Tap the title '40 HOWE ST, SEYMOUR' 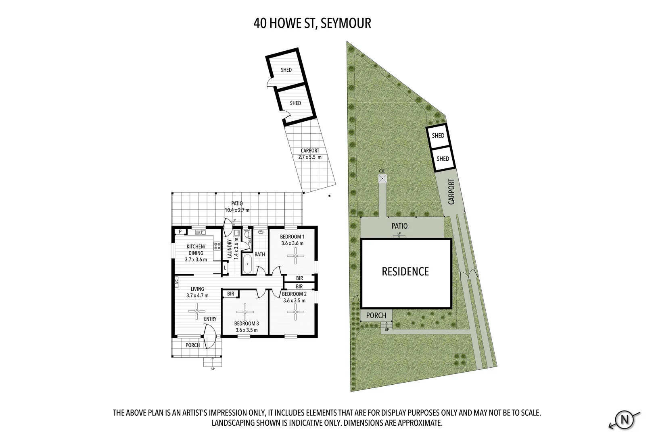point(312,23)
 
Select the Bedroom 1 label point(292,237)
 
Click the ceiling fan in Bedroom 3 point(244,312)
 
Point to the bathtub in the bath point(247,264)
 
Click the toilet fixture point(247,234)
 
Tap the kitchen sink point(201,232)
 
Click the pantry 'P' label point(180,232)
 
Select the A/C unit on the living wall point(176,282)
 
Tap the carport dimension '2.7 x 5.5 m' point(310,157)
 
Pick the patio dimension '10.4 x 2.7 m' point(237,210)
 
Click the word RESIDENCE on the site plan point(405,271)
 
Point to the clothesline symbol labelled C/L point(382,178)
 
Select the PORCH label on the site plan point(376,315)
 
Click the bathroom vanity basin point(260,232)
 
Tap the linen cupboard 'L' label point(225,268)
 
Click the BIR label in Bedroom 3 point(231,294)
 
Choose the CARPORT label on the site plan point(451,192)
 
